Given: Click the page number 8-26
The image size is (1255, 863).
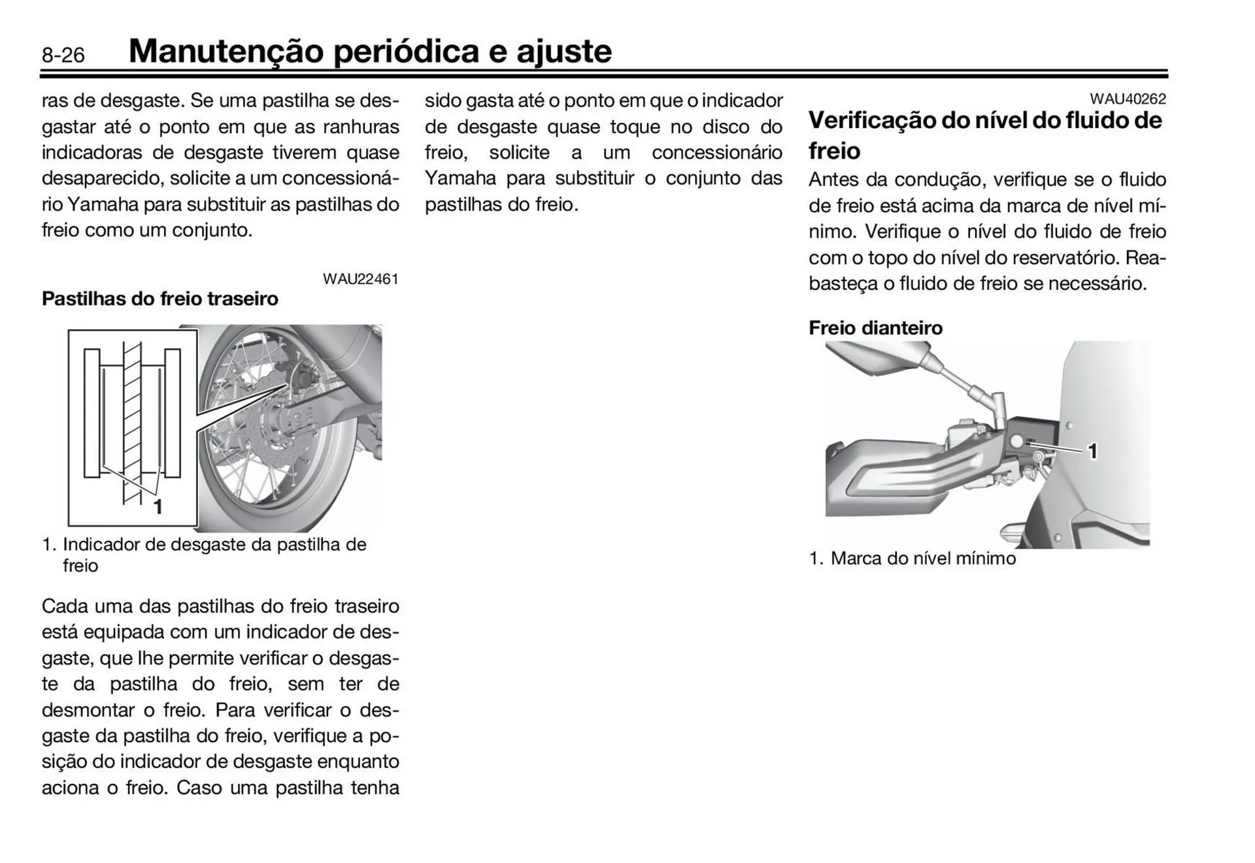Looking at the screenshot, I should [63, 55].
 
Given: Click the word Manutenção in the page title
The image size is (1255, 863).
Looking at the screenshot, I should [226, 51].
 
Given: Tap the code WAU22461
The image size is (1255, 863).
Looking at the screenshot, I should [360, 279].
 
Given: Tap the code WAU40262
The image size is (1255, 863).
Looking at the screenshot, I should [1128, 99].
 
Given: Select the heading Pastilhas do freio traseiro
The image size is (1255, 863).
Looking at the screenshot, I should [159, 299].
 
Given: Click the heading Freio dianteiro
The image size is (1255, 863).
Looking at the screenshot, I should [875, 327].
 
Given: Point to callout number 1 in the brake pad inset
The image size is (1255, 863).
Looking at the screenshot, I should [158, 506].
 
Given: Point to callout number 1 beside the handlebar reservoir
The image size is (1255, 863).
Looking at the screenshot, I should [1092, 451].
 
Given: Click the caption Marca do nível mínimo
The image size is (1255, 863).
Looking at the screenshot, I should [922, 559].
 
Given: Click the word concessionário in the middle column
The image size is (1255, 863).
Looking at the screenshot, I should [716, 153].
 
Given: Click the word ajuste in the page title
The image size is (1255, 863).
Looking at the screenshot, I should [563, 51].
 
